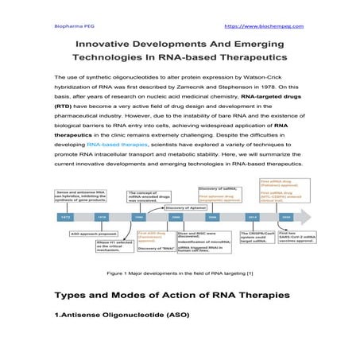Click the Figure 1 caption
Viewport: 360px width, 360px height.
click(x=180, y=273)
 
